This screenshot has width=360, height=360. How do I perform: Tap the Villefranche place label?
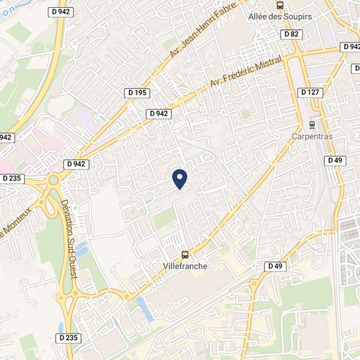tap(185, 266)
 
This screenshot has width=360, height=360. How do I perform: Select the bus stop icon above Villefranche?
tap(185, 255)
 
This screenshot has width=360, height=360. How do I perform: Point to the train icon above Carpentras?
tap(312, 124)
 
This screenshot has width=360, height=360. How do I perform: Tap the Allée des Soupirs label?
tap(280, 16)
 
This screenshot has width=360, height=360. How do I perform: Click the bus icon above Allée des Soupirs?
tap(280, 5)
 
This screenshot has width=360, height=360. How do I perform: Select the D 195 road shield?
tap(137, 93)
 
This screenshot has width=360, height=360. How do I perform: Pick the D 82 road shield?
tap(291, 33)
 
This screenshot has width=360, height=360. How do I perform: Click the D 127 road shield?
tap(310, 92)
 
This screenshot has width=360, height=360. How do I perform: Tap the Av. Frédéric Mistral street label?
tap(245, 72)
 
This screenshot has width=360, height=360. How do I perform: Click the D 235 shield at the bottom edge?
tap(69, 338)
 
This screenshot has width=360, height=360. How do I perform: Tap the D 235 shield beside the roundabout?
tap(12, 178)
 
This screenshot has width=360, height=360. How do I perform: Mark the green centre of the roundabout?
tap(53, 180)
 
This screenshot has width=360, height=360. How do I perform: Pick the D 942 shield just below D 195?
tap(158, 113)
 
